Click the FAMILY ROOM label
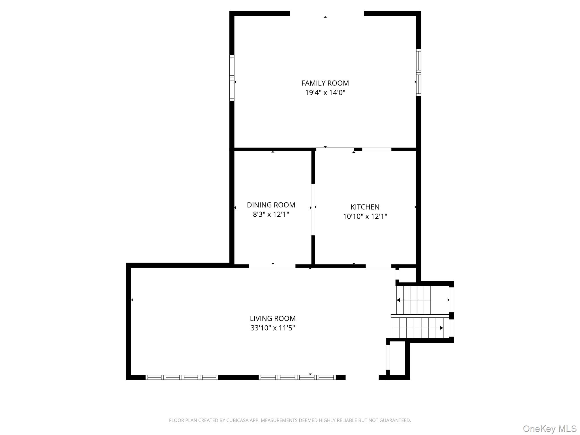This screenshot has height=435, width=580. click(325, 83)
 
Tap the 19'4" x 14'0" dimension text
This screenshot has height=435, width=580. click(325, 93)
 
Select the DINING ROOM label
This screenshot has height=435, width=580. click(271, 205)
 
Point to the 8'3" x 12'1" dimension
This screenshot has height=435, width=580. click(271, 214)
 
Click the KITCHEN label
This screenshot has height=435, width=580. click(365, 207)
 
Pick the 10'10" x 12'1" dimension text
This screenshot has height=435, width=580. click(365, 216)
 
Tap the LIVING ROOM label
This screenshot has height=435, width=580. click(272, 318)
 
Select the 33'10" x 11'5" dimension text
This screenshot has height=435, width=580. click(272, 328)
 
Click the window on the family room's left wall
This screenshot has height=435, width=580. click(232, 78)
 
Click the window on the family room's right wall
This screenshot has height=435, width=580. click(418, 72)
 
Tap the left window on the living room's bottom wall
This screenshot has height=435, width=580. click(182, 377)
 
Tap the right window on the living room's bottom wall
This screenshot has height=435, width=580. click(297, 377)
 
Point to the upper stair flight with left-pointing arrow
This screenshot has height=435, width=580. click(413, 300)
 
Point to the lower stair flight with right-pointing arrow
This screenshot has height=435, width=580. click(417, 328)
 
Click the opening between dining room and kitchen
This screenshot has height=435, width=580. click(313, 210)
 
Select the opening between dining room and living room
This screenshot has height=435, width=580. click(272, 266)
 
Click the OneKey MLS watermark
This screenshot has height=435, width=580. click(549, 428)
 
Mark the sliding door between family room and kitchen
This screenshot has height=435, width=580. click(335, 149)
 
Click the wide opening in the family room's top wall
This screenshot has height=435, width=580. click(327, 13)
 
